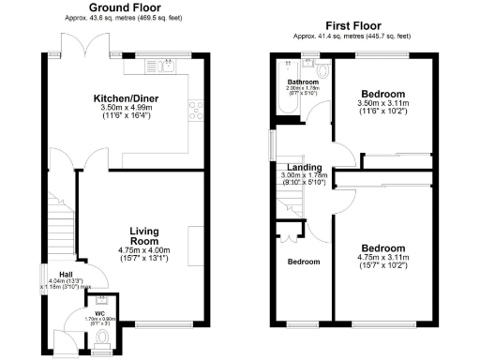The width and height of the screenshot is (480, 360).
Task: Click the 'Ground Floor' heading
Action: click(x=123, y=7)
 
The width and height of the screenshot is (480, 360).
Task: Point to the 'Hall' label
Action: click(x=55, y=274)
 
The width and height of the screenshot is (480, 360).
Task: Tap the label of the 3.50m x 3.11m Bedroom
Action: click(x=384, y=95)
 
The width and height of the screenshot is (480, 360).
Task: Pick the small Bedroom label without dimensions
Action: click(x=303, y=262)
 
